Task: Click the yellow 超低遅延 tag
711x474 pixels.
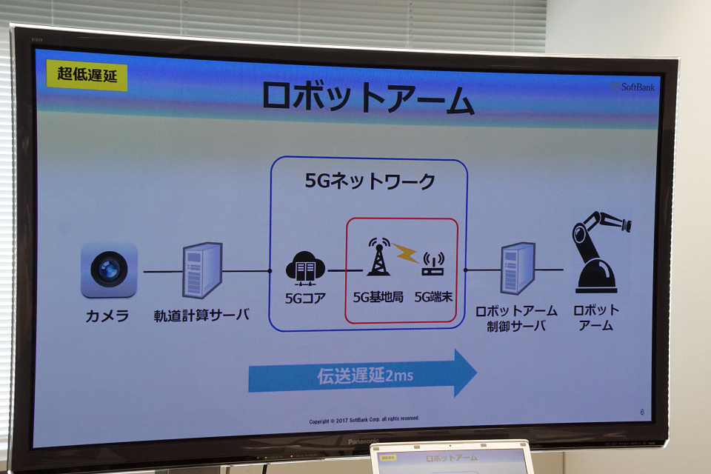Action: coord(87,74)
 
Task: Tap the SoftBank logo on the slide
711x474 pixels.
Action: coord(633,87)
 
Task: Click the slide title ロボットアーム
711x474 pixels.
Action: coord(368,97)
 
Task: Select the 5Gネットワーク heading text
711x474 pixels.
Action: coord(370,181)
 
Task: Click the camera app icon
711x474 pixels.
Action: coord(109,270)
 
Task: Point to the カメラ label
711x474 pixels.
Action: coord(107,316)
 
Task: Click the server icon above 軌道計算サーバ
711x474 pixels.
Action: coord(202,270)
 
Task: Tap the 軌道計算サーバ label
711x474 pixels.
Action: coord(201,315)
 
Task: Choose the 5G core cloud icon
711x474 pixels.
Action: coord(305,269)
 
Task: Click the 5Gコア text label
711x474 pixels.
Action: coord(305,298)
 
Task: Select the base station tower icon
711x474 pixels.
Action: coord(378,256)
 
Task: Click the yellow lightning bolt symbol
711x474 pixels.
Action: coord(405,253)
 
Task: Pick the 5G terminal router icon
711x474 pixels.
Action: coord(433,264)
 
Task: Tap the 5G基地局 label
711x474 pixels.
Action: coord(378,297)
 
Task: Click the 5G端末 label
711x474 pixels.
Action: coord(433,297)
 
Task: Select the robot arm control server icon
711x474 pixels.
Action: coord(518,269)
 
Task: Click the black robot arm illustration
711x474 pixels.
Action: coord(599,253)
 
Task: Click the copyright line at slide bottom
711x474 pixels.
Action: coord(364,420)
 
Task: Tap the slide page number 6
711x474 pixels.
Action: coord(642,412)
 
